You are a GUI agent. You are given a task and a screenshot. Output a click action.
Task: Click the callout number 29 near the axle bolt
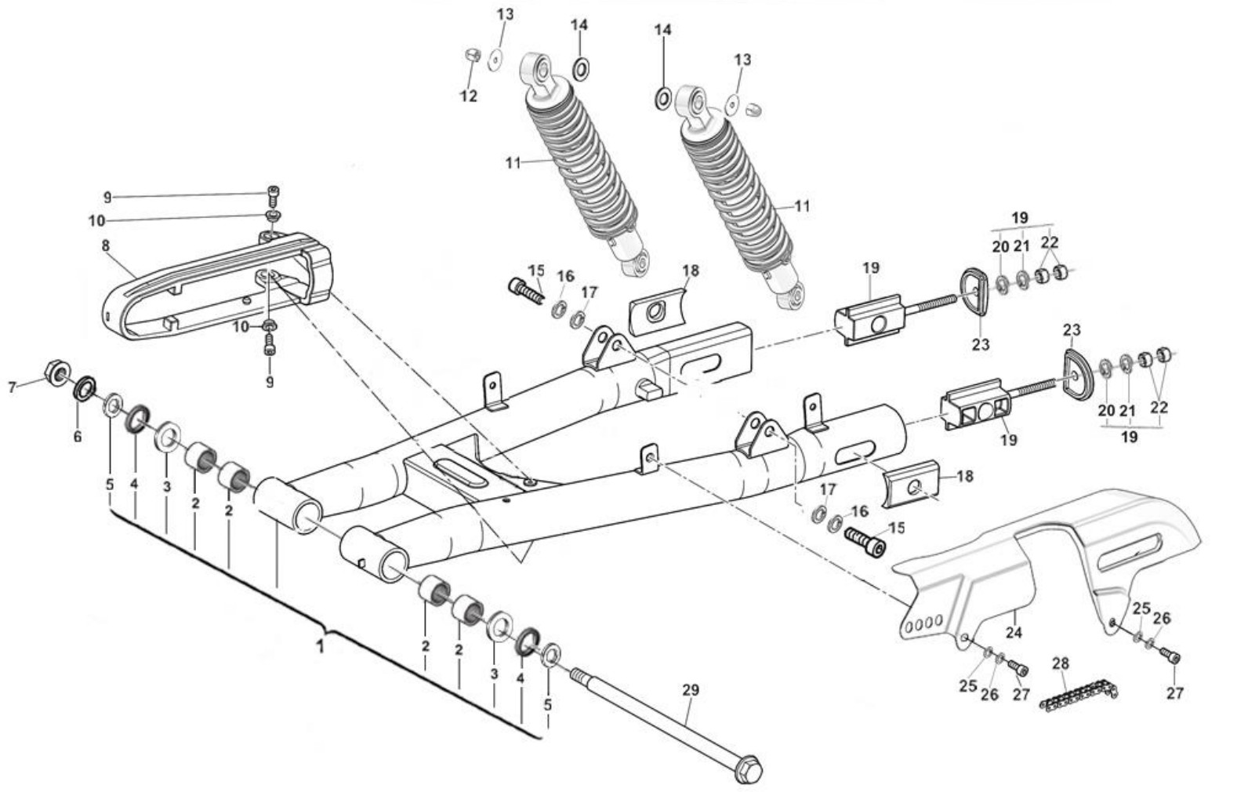click(691, 690)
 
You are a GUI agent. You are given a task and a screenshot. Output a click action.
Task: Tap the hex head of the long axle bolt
click(749, 768)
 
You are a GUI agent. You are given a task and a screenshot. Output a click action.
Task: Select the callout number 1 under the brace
click(320, 646)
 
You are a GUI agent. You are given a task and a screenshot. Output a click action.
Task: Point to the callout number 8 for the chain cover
click(106, 245)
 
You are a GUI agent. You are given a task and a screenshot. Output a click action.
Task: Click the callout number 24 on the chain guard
click(1014, 632)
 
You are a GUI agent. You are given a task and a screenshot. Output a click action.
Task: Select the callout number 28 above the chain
click(1061, 663)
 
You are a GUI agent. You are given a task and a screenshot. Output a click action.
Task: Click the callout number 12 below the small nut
click(469, 96)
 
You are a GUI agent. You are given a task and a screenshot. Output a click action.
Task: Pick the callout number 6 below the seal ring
click(78, 436)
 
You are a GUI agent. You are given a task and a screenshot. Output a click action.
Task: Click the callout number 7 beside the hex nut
click(12, 387)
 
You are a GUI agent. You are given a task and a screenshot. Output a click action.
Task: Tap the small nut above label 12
click(472, 55)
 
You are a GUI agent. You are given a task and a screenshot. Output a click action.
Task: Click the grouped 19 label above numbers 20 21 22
click(1020, 218)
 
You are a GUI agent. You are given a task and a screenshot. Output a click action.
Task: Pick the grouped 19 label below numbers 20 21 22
click(1130, 437)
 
